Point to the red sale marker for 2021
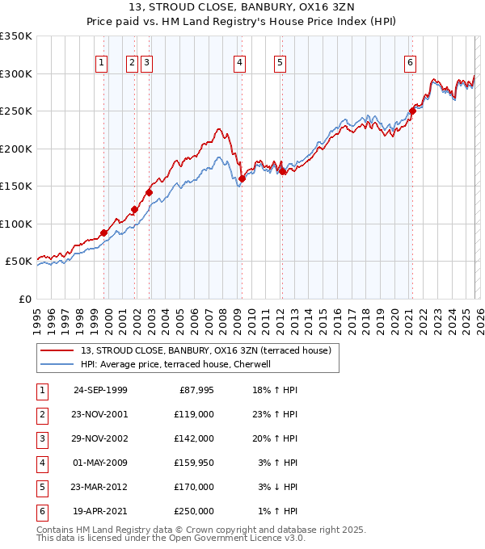[x=412, y=111]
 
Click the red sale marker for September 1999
[x=104, y=233]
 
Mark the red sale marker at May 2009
[x=242, y=178]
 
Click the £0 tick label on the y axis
[x=25, y=299]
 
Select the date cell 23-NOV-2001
[x=100, y=414]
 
